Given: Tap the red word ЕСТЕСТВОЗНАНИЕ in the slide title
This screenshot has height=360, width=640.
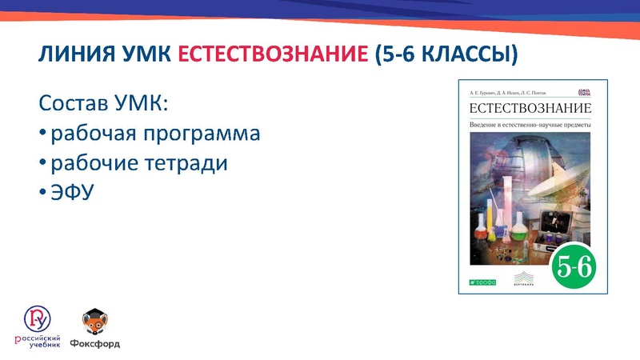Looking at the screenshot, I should click(271, 55).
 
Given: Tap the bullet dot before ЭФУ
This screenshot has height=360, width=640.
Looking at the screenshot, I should click(42, 194).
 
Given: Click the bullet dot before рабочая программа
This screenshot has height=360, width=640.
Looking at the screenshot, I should click(42, 134).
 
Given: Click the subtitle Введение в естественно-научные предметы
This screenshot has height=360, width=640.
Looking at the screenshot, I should click(529, 124).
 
